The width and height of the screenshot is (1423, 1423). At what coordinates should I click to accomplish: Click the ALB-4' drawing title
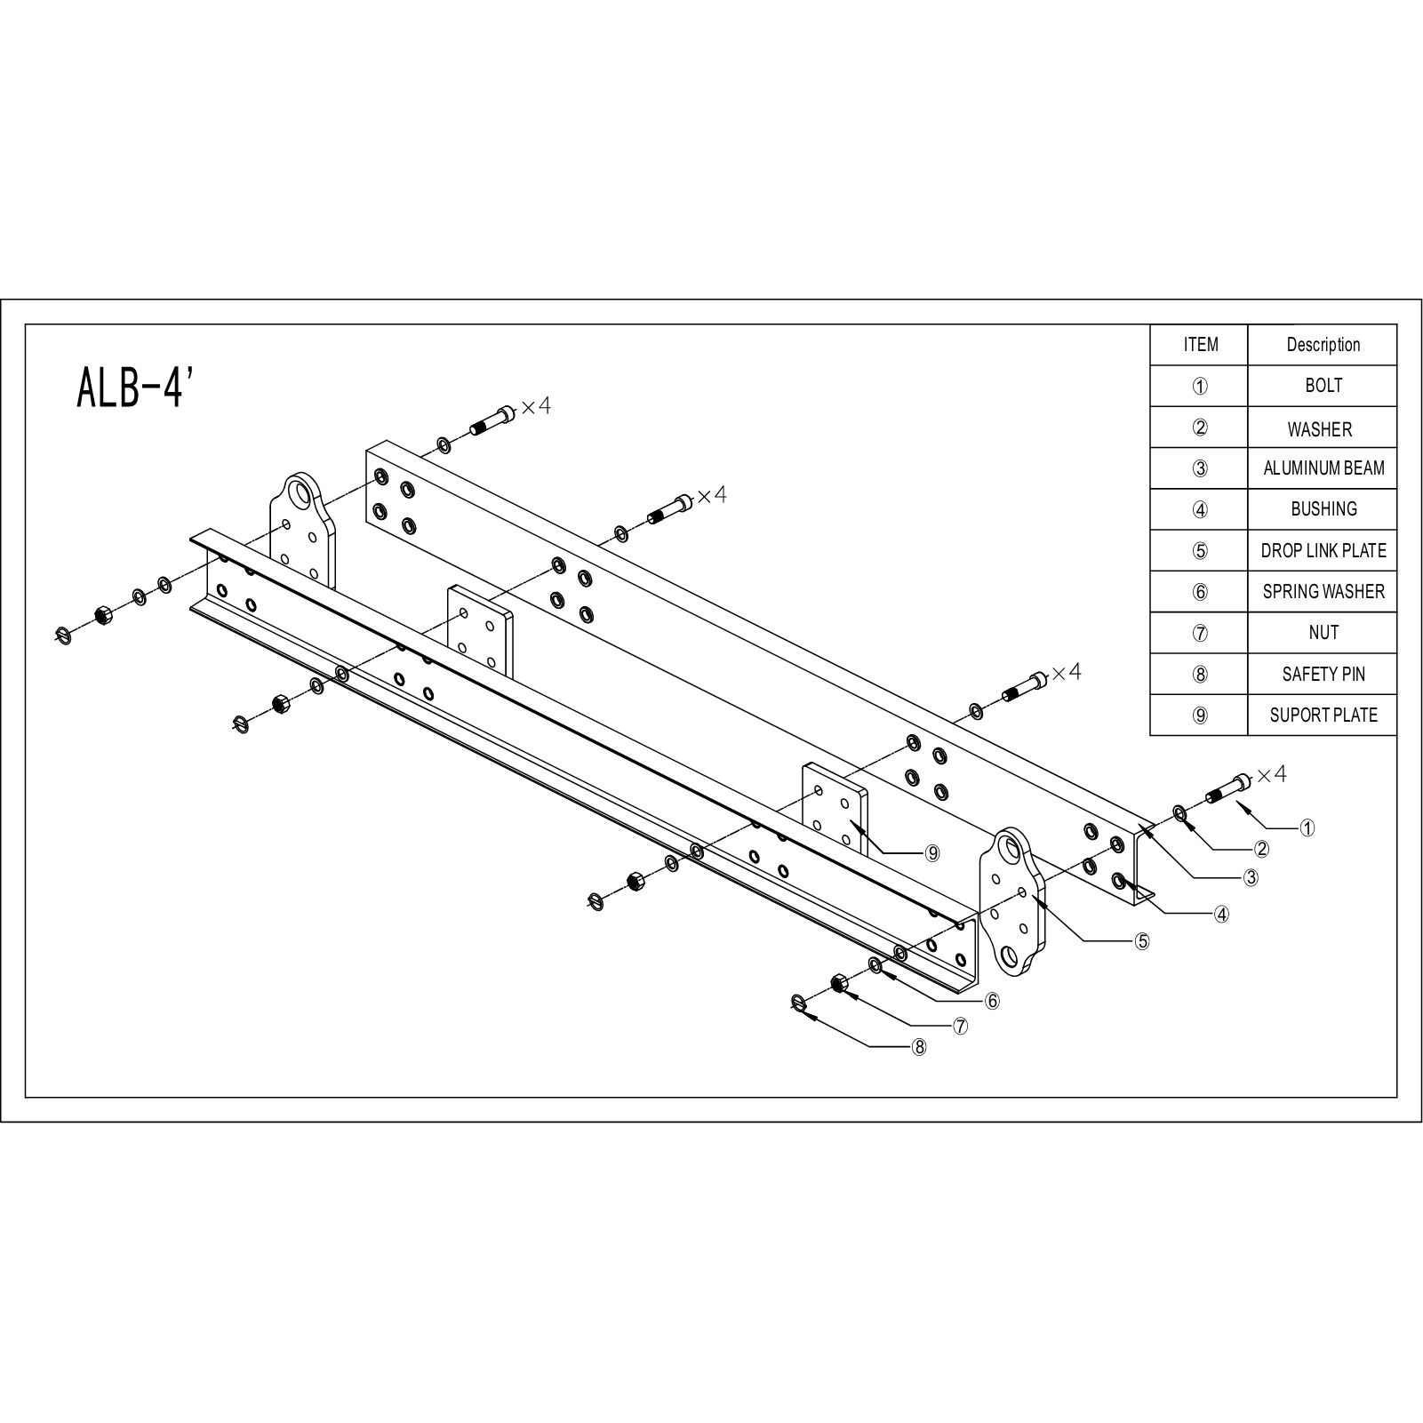coord(135,388)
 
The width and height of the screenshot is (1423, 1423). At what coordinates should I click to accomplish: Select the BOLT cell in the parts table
coord(1323,386)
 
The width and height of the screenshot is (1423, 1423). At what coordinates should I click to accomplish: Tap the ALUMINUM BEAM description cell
coord(1323,468)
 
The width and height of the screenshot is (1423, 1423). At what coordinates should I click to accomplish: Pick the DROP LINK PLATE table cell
coord(1323,551)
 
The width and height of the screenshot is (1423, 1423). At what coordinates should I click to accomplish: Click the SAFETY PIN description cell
coord(1323,675)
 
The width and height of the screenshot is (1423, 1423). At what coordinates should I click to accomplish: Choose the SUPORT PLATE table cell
coord(1323,715)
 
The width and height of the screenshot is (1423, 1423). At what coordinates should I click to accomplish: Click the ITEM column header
coord(1200,345)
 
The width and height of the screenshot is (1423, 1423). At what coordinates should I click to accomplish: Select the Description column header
coord(1323,345)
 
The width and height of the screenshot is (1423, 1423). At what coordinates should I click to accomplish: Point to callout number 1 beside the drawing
coord(1307,828)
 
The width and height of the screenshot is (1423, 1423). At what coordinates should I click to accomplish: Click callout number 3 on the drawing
coord(1251,878)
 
